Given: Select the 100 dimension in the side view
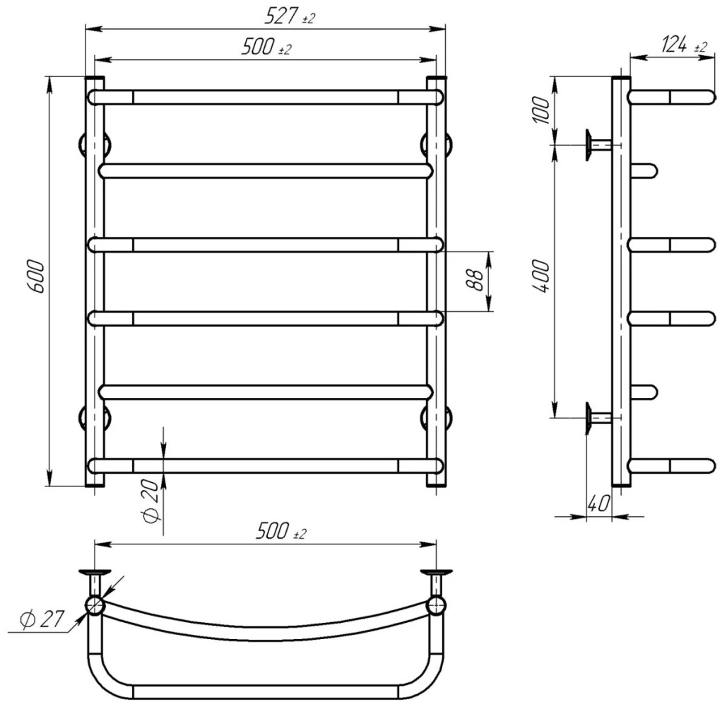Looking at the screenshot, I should coord(540,109).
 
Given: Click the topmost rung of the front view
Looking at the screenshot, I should coord(266,97).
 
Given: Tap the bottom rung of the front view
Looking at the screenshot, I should coord(266,465).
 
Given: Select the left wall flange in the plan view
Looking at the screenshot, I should coord(95,572).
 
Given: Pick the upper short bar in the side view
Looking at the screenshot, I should coord(643,170).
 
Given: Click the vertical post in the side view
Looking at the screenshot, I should coord(620,283).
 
